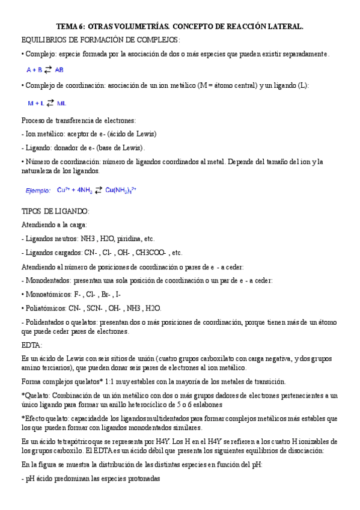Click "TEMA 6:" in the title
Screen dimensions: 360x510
pos(71,26)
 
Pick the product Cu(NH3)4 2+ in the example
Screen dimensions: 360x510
pos(121,190)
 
